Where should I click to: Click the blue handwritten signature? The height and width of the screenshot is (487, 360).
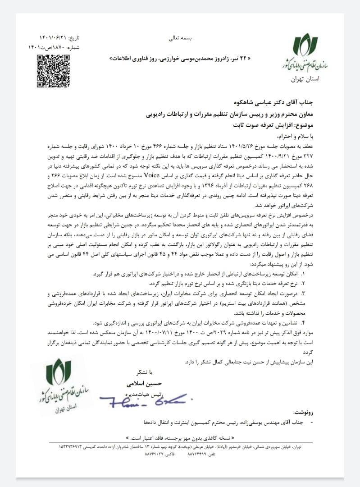click(144, 397)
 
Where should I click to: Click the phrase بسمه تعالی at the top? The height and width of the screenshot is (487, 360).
click(180, 39)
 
